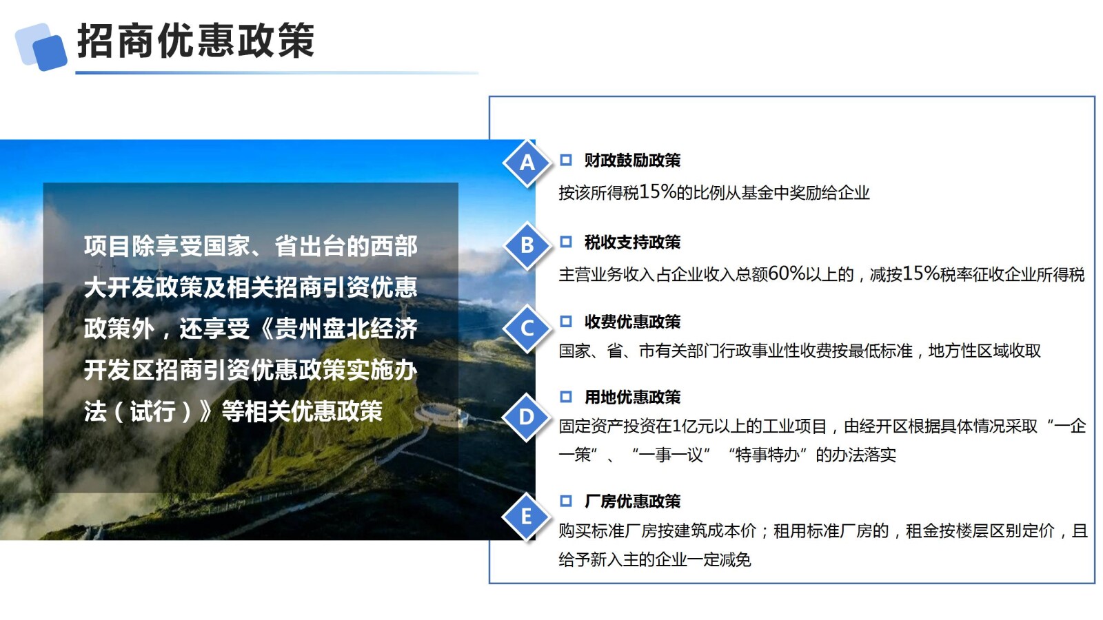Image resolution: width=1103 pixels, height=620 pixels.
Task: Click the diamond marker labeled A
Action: click(527, 163)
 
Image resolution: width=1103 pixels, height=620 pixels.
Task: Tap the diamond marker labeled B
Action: click(527, 245)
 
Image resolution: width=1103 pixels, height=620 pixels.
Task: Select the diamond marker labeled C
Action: click(527, 328)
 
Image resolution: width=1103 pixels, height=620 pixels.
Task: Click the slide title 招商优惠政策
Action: click(196, 41)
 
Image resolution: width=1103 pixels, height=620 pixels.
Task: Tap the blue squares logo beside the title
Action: click(41, 46)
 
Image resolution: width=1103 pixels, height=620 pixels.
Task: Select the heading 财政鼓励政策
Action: click(632, 161)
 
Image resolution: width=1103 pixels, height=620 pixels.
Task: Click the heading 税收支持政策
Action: click(632, 242)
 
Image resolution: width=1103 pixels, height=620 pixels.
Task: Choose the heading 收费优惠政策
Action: click(632, 322)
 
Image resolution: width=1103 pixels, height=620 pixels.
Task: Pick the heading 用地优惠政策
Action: click(632, 397)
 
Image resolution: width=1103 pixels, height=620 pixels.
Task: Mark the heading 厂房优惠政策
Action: click(632, 502)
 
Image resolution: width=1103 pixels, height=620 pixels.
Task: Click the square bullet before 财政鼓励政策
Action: click(566, 161)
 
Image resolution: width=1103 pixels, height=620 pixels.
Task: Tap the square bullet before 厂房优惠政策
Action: click(566, 502)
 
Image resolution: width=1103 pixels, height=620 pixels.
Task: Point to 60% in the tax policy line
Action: click(787, 274)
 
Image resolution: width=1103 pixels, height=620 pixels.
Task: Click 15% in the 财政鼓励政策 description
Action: click(658, 192)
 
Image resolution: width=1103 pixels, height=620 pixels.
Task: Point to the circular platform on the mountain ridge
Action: click(439, 413)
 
